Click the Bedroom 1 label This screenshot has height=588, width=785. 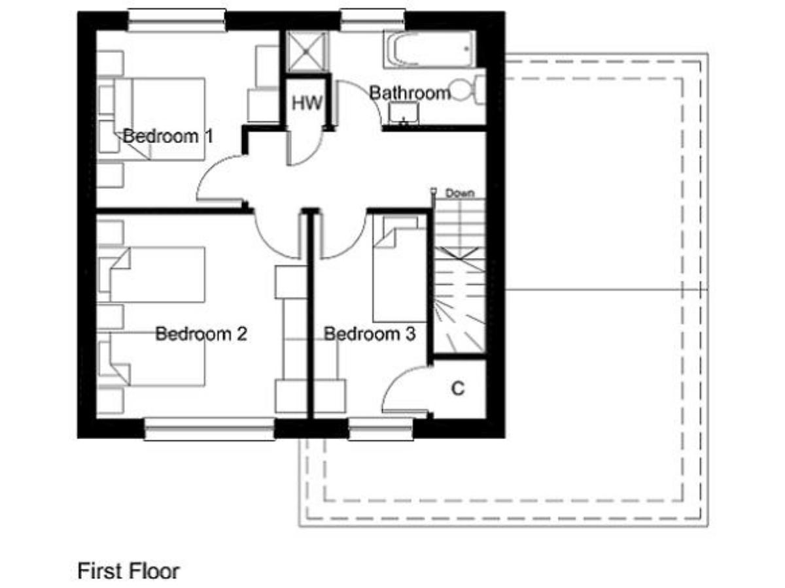coord(167,136)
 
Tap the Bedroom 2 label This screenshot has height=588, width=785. coord(201,334)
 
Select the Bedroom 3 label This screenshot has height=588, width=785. coord(370,334)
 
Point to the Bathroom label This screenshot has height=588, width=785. coord(410,93)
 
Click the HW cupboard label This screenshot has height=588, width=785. coord(307,103)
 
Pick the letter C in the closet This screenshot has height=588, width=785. coord(458,388)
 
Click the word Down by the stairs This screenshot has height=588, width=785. coord(460,193)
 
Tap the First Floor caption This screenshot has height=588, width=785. coord(128,570)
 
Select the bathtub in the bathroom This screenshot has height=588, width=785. coord(430,49)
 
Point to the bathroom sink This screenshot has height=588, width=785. coord(404,113)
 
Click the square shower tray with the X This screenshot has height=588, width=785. coord(307,52)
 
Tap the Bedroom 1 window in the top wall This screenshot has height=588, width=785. coord(177,20)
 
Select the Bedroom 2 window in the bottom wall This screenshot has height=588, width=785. coord(209,429)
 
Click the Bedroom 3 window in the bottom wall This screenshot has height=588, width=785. coord(381,429)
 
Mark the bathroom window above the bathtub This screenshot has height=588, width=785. coord(372,20)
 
